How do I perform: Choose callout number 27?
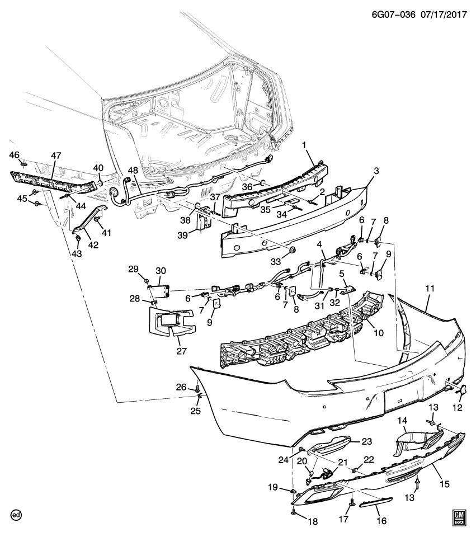(181, 351)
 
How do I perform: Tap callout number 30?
(161, 271)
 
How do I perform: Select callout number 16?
(381, 521)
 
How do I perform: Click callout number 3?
(376, 170)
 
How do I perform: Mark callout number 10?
(379, 333)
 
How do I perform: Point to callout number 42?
(93, 244)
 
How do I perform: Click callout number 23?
(366, 441)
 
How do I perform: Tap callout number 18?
(313, 521)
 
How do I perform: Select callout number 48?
(133, 170)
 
